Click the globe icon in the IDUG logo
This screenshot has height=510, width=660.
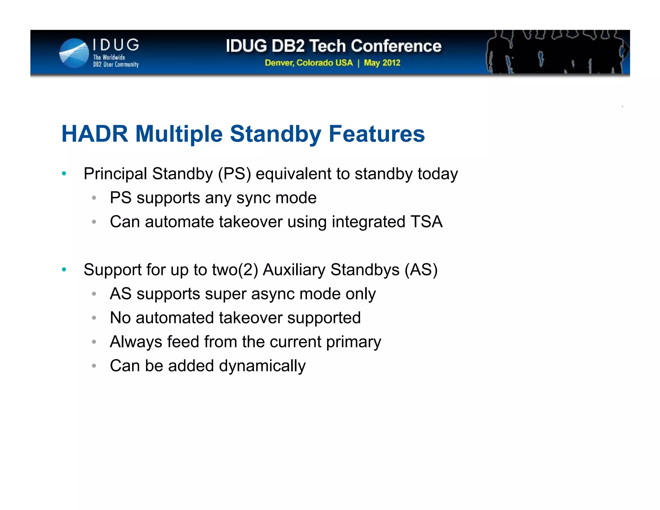(74, 53)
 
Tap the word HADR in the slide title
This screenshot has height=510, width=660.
(95, 134)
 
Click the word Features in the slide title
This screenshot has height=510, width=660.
(376, 134)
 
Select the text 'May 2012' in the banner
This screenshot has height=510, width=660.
(382, 63)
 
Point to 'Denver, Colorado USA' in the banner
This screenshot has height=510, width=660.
(309, 63)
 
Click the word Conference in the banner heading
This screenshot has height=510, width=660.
(396, 46)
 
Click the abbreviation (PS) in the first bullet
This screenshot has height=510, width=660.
(234, 174)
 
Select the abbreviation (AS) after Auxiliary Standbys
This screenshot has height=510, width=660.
(421, 270)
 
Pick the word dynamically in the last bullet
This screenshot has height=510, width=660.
(262, 366)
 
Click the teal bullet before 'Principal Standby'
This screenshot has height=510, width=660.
(64, 174)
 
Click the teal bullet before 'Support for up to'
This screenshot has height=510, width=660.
(64, 270)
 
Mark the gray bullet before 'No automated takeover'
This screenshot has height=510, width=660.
(94, 318)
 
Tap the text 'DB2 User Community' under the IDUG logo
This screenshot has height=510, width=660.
(116, 64)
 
